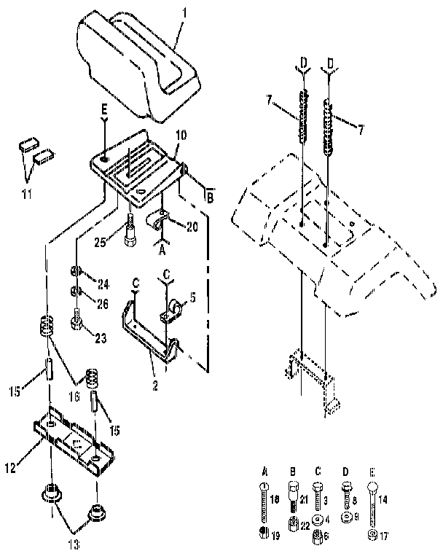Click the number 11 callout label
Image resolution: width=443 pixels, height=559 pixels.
coord(27,194)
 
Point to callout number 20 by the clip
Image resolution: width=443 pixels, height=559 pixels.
coord(192,227)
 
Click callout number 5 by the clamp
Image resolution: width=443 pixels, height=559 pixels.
coord(193,297)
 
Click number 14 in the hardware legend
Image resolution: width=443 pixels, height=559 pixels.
coord(383,499)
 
